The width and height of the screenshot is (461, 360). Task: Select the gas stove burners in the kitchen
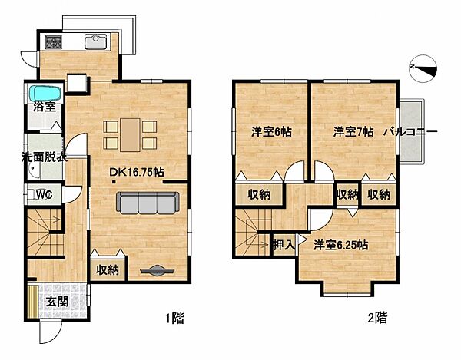[54, 41]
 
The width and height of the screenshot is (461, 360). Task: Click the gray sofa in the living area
[147, 202]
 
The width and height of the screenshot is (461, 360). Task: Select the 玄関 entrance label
[55, 301]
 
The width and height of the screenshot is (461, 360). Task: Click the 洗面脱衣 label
[43, 159]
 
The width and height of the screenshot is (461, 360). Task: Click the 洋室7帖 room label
[353, 131]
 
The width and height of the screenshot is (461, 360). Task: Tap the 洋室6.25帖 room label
[340, 246]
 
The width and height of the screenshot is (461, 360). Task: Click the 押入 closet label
[283, 246]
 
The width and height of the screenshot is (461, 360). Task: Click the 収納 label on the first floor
[108, 269]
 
